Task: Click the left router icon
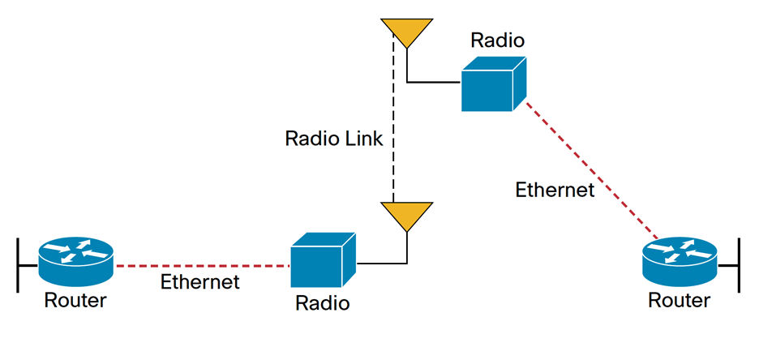click(76, 261)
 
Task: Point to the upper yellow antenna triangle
click(405, 32)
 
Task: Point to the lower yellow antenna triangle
click(405, 215)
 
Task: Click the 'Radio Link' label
click(333, 138)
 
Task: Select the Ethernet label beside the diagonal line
click(555, 190)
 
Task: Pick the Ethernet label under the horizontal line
click(200, 282)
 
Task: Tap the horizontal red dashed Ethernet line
click(202, 265)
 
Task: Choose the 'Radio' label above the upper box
click(498, 40)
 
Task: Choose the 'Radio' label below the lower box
click(322, 303)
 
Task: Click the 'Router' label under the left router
click(75, 301)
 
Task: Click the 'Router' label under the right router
click(680, 301)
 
